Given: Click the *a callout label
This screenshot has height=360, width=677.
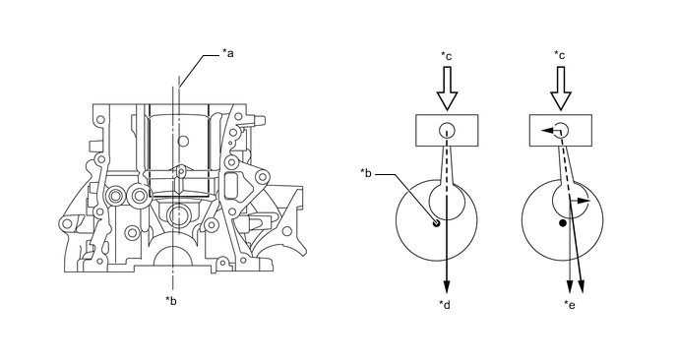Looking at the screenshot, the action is (228, 53).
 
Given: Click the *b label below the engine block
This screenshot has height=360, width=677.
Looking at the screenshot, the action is (171, 301).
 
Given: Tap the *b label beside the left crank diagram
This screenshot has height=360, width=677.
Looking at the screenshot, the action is (366, 173).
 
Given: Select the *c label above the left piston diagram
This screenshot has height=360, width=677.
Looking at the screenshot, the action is (446, 56).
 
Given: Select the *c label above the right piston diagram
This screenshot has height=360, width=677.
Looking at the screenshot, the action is (560, 55).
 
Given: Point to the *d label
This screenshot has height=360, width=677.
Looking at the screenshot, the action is (445, 305).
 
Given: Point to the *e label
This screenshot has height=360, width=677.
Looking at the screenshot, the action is (570, 305).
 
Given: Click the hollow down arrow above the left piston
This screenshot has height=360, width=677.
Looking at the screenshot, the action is (447, 89).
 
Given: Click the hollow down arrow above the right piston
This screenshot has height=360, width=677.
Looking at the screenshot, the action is (561, 89).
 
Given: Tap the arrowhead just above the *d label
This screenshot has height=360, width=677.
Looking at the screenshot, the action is (447, 287).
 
